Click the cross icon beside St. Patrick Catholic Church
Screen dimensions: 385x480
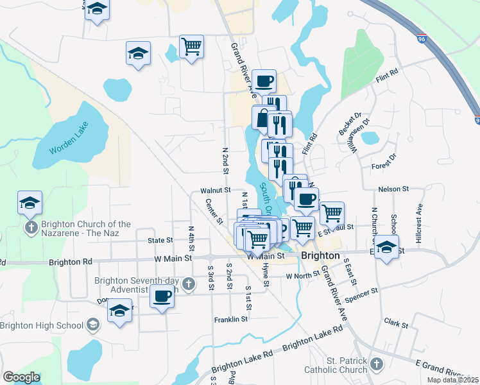[376, 364]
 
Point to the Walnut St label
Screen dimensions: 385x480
[215, 191]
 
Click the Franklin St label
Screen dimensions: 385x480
[231, 319]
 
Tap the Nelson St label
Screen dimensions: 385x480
[394, 189]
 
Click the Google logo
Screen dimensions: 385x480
[22, 377]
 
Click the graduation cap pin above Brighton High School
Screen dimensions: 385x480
[120, 311]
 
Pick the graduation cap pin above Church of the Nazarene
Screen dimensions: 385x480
[30, 203]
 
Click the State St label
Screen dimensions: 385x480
[160, 241]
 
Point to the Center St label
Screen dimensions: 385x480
[214, 211]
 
